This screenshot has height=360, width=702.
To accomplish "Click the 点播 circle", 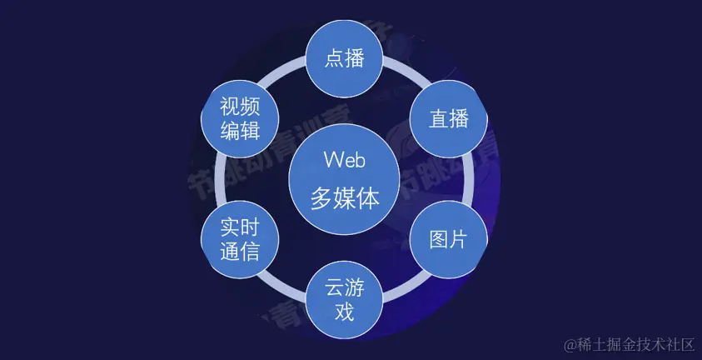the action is [344, 58].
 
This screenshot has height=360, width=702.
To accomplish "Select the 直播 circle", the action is [449, 118].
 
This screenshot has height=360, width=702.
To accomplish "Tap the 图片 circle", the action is [449, 239].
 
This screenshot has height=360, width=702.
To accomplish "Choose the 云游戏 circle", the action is [344, 300].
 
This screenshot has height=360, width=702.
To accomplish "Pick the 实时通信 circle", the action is [240, 239].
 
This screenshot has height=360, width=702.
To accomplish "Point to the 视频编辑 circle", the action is [240, 118].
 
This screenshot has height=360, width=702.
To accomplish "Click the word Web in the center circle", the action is [344, 160].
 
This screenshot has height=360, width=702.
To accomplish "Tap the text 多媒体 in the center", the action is [344, 197].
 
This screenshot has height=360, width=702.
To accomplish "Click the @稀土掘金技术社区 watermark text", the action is [629, 345].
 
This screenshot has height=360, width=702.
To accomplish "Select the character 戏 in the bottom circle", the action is [344, 312].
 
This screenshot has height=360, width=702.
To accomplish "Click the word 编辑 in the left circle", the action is [240, 131].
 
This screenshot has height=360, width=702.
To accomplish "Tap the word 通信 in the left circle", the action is [240, 252].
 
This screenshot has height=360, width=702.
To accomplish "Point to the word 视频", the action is [240, 107].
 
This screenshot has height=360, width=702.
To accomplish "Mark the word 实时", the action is [240, 228].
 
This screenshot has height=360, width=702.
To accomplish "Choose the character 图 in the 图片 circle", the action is [439, 240].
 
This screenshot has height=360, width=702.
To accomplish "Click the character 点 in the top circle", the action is [334, 58].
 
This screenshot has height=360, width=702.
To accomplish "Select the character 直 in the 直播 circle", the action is [439, 119].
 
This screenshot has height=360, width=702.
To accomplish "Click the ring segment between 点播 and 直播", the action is [406, 71].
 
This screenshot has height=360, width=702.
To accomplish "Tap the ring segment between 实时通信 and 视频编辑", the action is [219, 179].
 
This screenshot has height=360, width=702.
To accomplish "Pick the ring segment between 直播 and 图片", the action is [469, 179].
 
